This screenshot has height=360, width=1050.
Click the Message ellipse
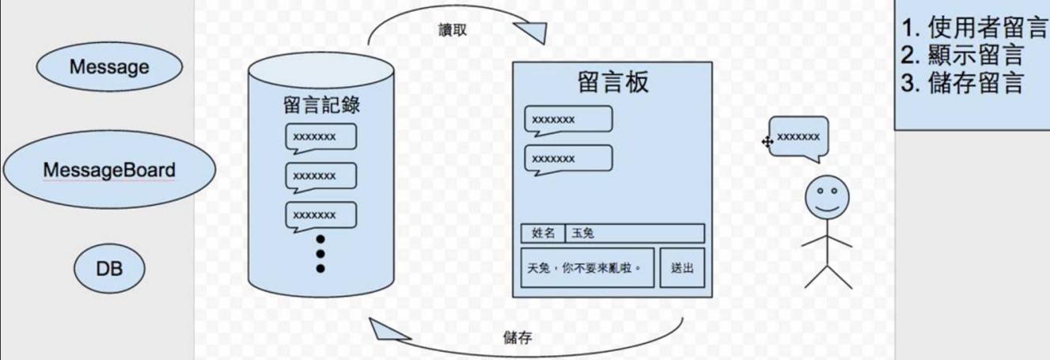coord(109,66)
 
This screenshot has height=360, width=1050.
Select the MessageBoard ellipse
coord(109,169)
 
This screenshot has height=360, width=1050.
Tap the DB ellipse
coord(109,269)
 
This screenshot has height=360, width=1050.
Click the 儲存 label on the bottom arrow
coord(517,338)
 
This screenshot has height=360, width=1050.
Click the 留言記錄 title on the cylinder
coord(320,105)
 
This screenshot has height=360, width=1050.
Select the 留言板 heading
coord(613,82)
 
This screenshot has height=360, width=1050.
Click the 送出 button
coord(682,268)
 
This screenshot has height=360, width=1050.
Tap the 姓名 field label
coord(543,233)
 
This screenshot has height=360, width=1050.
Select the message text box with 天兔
coord(589,268)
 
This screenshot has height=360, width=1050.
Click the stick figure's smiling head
coord(826,197)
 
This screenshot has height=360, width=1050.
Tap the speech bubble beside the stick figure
coord(798,137)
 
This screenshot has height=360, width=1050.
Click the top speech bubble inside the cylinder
coord(320,137)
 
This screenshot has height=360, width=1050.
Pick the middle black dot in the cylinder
coord(320,254)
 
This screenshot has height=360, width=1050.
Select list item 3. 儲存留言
coord(963,83)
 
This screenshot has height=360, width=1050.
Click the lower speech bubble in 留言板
coord(568,158)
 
